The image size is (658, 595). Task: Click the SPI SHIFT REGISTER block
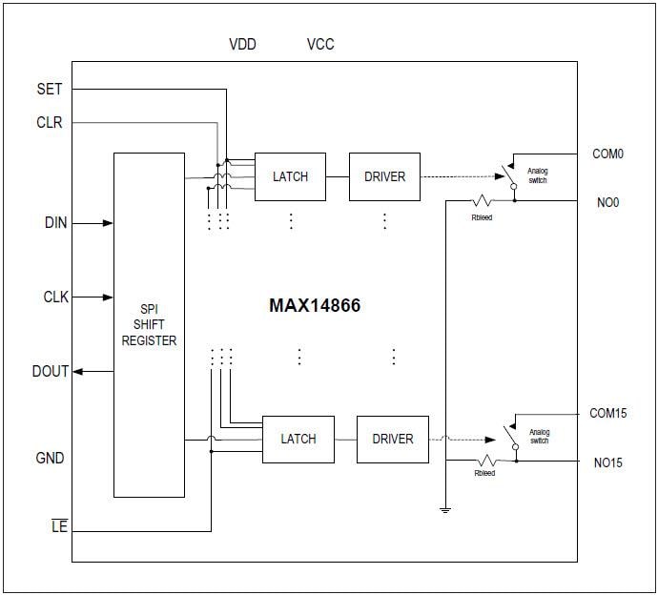[x=149, y=324]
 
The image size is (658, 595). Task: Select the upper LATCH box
[x=290, y=176]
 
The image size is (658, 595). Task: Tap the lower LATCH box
[x=298, y=439]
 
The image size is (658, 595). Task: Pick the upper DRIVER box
[x=384, y=176]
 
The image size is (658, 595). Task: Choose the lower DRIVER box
[x=392, y=439]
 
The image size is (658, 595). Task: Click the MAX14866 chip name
[x=314, y=307]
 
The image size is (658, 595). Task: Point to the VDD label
[x=242, y=45]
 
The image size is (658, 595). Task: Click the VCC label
[x=320, y=45]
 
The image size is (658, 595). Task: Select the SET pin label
[x=50, y=90]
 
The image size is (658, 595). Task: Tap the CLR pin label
[x=50, y=123]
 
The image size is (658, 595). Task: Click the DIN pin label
[x=55, y=223]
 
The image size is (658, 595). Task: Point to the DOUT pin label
[x=51, y=371]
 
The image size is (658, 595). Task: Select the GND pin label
[x=50, y=459]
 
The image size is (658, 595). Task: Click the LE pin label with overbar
[x=59, y=526]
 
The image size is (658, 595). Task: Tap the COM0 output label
[x=607, y=154]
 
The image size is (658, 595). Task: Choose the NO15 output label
[x=607, y=462]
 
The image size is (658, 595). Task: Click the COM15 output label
[x=607, y=414]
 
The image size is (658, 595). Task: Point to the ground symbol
[x=444, y=510]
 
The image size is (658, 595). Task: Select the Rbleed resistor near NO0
[x=483, y=201]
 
